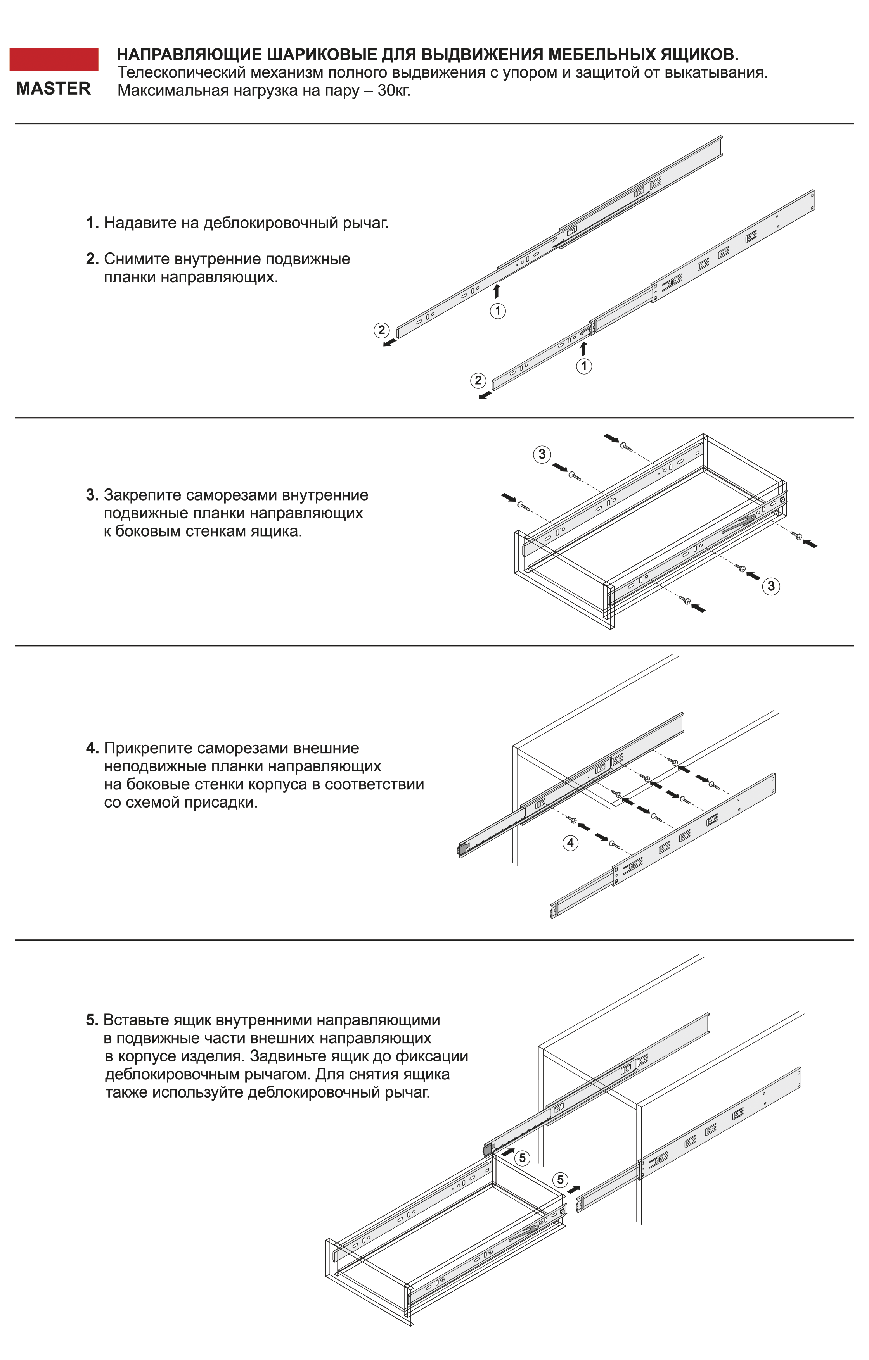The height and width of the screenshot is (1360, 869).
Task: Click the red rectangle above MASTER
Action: tap(54, 59)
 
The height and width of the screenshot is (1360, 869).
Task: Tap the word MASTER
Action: tap(54, 89)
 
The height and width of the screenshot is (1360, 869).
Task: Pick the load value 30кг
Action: tap(394, 91)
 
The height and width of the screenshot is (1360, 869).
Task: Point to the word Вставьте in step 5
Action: tap(136, 1020)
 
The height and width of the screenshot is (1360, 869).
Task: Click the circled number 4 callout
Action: tap(571, 843)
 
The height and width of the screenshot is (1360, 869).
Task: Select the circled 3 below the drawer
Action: tap(771, 586)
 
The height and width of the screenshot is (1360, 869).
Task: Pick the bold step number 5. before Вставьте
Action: tap(92, 1020)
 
